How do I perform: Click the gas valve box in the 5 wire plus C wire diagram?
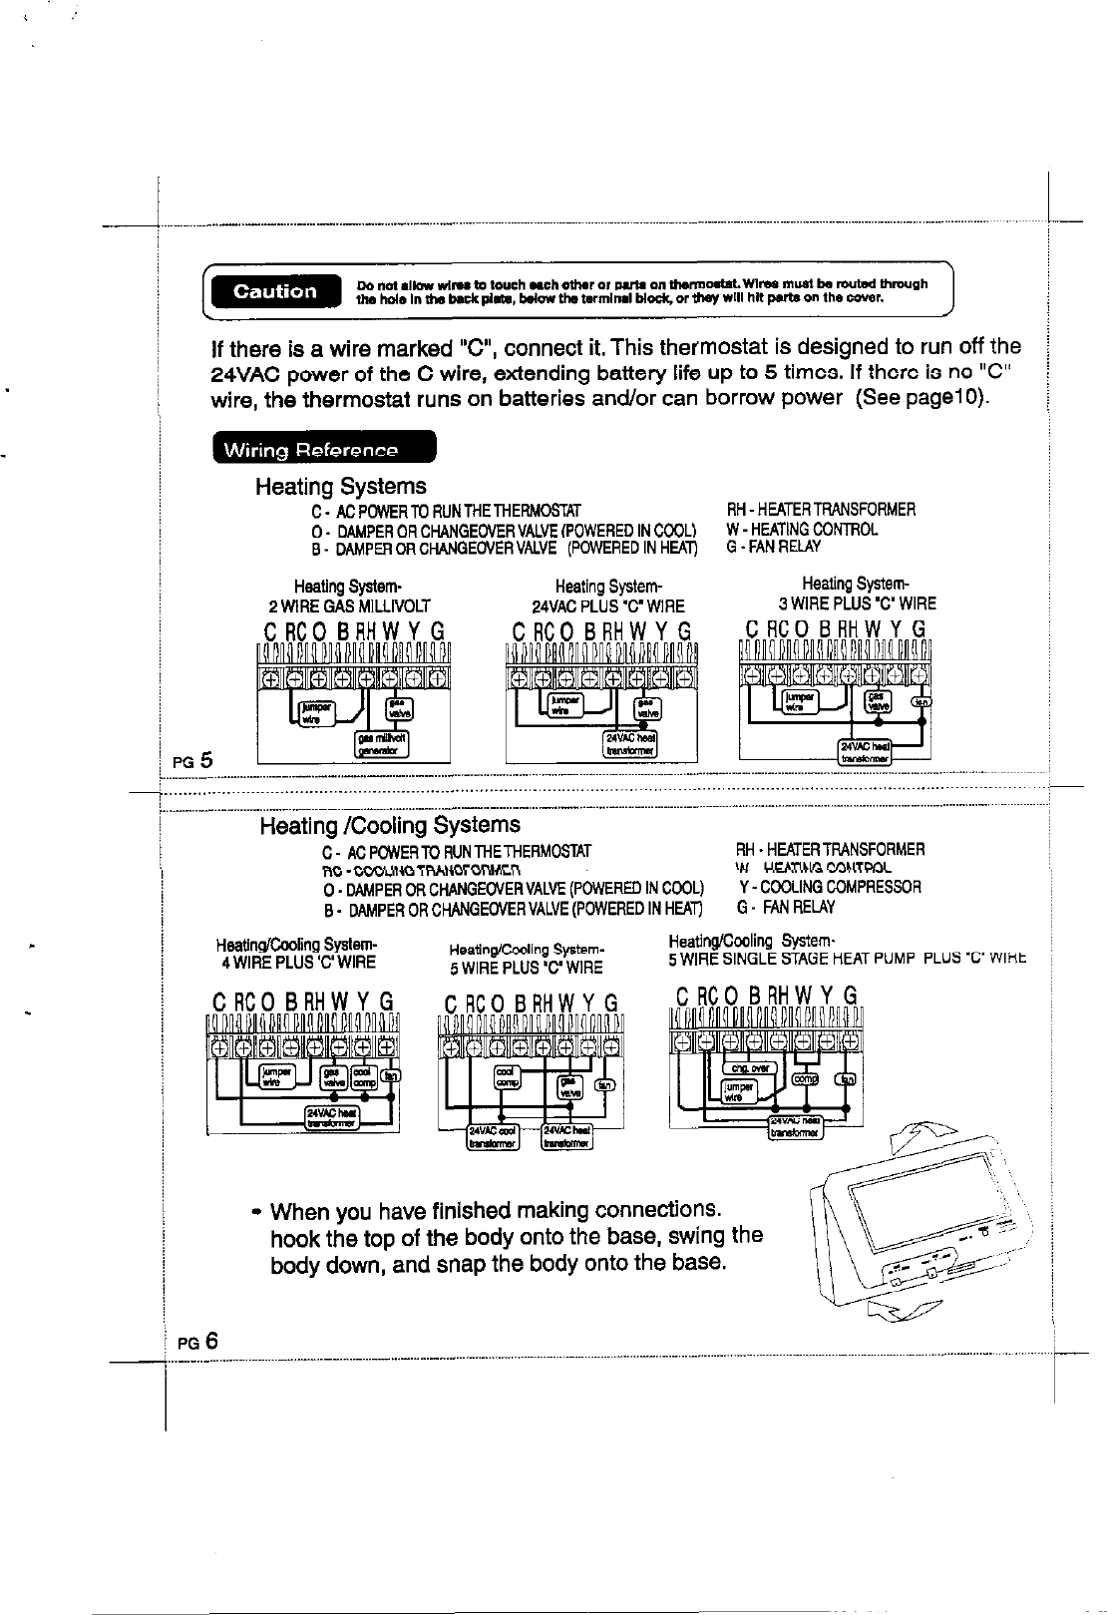tap(567, 1086)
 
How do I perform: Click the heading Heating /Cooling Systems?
tap(389, 826)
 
